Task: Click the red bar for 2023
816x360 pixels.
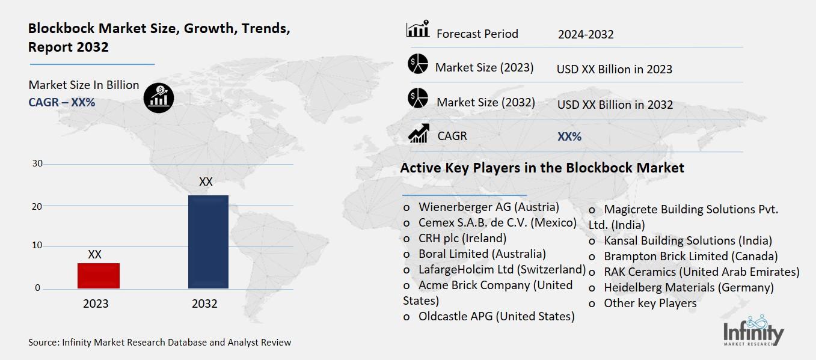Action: click(x=99, y=276)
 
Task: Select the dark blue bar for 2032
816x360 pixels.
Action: click(x=208, y=242)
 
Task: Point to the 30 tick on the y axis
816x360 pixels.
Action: click(x=37, y=163)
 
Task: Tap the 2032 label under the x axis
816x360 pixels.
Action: click(x=204, y=304)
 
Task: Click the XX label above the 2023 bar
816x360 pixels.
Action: click(x=94, y=254)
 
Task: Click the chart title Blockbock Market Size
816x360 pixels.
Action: click(x=159, y=37)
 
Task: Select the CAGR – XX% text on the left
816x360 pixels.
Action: click(x=62, y=102)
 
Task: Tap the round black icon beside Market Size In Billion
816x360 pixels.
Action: click(x=159, y=97)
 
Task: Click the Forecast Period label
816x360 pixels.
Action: click(x=477, y=34)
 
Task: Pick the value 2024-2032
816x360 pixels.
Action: click(x=585, y=34)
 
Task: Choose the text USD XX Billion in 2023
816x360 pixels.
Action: click(x=614, y=69)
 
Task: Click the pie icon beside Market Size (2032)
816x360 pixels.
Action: click(x=417, y=98)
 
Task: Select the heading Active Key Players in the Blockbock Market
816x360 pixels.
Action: click(x=542, y=168)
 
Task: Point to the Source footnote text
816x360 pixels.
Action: click(x=159, y=343)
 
